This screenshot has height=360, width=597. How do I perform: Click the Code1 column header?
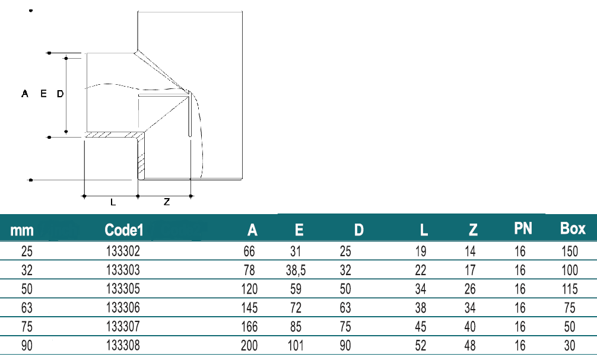(124, 230)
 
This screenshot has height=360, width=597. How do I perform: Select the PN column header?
(523, 228)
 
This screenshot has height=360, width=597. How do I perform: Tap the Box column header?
(573, 228)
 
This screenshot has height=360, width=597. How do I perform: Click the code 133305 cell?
(123, 289)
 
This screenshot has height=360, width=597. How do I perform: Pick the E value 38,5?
(296, 270)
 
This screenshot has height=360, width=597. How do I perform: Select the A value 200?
(249, 346)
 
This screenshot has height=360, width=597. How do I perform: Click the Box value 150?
(570, 251)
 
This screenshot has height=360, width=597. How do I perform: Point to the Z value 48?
(470, 346)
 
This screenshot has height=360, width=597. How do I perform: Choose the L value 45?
(421, 327)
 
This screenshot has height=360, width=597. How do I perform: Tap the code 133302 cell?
(123, 251)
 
